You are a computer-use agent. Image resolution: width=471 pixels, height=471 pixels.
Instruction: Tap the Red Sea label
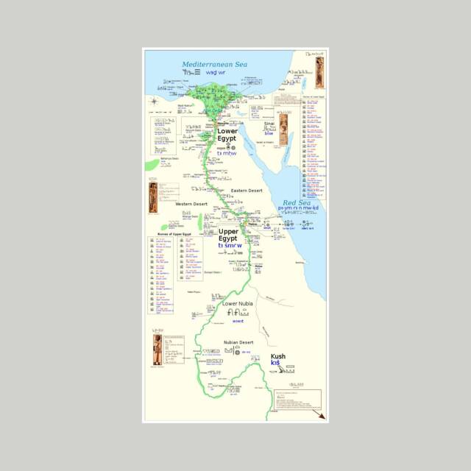click(x=297, y=202)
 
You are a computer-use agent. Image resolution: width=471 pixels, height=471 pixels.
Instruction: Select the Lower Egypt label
click(x=227, y=135)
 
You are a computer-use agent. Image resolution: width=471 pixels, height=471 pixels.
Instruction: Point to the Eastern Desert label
click(x=247, y=191)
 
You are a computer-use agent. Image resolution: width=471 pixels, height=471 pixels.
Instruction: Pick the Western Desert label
click(x=191, y=204)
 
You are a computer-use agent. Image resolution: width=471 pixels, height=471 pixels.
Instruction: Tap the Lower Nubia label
click(x=237, y=303)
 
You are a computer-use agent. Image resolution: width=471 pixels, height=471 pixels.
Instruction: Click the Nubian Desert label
click(x=238, y=343)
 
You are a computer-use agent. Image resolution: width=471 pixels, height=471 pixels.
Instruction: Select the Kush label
click(x=278, y=356)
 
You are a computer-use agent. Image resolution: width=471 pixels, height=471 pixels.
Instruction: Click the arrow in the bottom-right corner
click(x=318, y=415)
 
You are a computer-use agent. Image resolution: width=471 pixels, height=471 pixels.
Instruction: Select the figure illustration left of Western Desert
click(x=153, y=196)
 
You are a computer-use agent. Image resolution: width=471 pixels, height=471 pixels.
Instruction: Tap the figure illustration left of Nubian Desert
click(x=157, y=350)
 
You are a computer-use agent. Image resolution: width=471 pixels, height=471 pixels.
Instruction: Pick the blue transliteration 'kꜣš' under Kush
click(x=276, y=363)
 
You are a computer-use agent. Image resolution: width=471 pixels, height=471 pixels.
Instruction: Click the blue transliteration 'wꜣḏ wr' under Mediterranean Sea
click(x=216, y=73)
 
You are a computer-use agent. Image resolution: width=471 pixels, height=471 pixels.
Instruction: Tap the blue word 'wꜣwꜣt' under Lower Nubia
click(x=238, y=321)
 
